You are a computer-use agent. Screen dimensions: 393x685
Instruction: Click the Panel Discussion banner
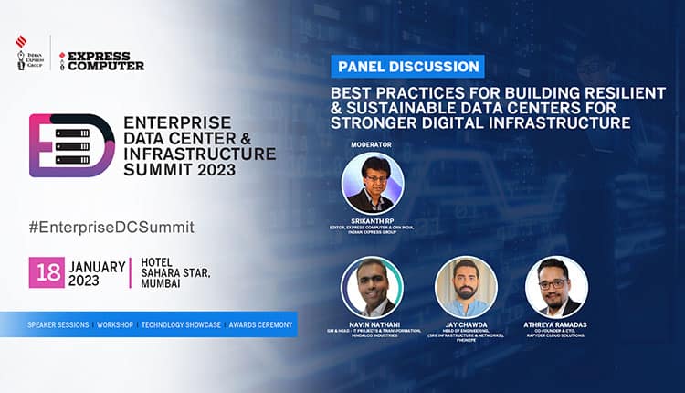point(408,66)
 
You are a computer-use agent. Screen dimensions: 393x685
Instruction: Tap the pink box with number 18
point(46,272)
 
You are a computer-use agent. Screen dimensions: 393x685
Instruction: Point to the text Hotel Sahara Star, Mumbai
point(173,272)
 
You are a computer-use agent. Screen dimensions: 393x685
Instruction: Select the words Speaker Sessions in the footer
point(58,324)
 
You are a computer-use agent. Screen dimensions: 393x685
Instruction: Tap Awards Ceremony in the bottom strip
point(261,324)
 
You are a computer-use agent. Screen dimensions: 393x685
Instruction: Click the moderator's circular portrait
point(373,183)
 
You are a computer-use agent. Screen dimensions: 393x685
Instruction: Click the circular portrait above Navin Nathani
point(373,287)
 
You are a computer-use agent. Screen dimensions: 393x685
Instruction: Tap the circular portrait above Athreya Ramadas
point(557,287)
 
